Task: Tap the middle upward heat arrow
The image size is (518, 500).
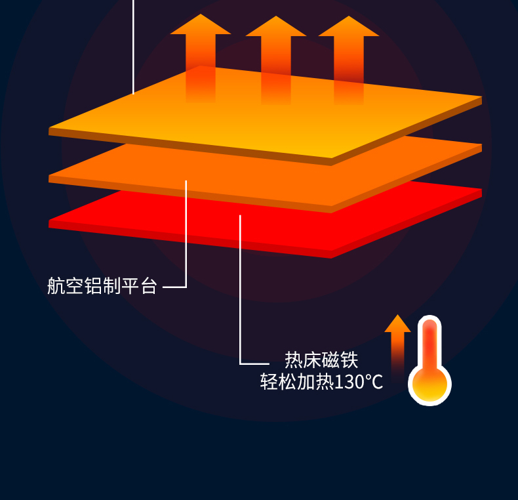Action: [x=276, y=60]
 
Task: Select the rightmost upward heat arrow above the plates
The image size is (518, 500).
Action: [x=349, y=60]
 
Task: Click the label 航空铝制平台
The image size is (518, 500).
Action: [x=102, y=285]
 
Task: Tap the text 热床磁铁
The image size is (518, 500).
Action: [x=321, y=360]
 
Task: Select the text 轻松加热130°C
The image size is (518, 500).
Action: [x=321, y=382]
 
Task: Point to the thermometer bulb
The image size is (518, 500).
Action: [x=429, y=385]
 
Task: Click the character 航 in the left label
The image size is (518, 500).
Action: [x=56, y=285]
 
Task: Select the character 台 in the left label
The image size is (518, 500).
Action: [x=149, y=285]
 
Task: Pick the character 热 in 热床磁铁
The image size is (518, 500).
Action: [x=294, y=360]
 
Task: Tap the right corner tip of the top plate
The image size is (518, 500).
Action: [x=482, y=96]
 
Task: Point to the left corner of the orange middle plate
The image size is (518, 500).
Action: [x=49, y=176]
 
